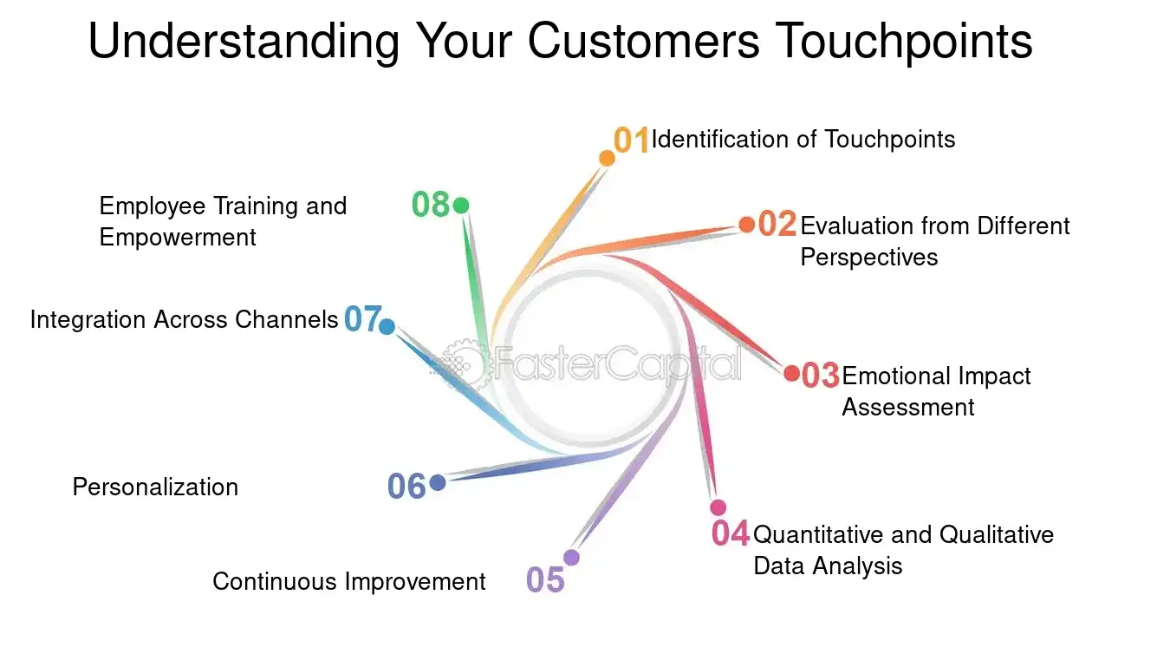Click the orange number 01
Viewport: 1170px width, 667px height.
[631, 140]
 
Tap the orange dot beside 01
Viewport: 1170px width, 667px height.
[607, 158]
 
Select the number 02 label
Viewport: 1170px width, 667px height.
[777, 225]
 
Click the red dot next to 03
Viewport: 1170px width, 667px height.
[791, 373]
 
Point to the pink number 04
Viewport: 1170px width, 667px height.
[730, 533]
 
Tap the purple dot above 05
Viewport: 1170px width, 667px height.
[571, 557]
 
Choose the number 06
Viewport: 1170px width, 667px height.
[406, 487]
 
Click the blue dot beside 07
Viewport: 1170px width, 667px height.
[387, 327]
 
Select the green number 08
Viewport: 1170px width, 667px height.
[430, 205]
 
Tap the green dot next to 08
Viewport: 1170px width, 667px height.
[461, 206]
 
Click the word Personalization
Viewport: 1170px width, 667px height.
[155, 487]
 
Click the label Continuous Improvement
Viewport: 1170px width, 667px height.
[348, 581]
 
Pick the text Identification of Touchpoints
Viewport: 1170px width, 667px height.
[803, 140]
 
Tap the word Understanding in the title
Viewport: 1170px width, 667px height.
[243, 41]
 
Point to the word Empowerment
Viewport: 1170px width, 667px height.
[178, 237]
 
